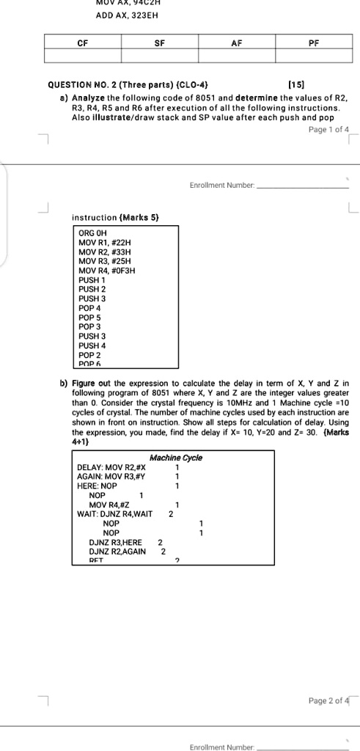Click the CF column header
(83, 43)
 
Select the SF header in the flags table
(159, 43)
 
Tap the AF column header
(235, 43)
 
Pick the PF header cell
(313, 43)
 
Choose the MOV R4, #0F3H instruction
(106, 271)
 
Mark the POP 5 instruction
(89, 318)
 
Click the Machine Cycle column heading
(176, 458)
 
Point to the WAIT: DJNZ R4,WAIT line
(114, 514)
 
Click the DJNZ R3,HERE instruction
(115, 543)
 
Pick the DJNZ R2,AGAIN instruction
(117, 552)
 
